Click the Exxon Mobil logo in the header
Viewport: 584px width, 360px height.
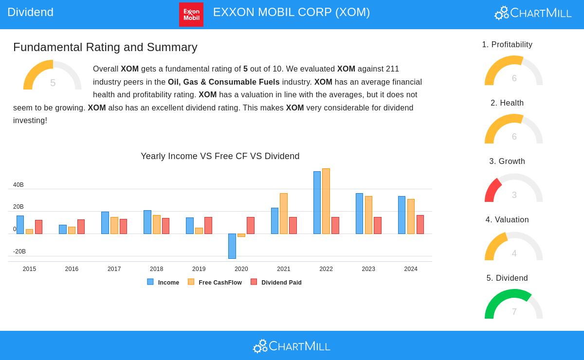[x=191, y=15]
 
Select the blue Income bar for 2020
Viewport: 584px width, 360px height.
[x=232, y=246]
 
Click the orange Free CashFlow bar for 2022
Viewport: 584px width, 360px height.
[x=326, y=201]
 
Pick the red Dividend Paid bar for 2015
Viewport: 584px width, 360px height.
[x=38, y=227]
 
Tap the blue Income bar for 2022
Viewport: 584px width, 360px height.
[x=317, y=202]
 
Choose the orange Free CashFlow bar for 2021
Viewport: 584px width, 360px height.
[x=284, y=214]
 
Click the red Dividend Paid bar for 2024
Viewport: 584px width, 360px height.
[x=420, y=224]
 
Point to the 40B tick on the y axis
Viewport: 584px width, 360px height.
[x=18, y=185]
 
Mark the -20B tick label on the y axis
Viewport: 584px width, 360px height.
[x=19, y=252]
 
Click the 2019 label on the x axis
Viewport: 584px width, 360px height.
[x=199, y=269]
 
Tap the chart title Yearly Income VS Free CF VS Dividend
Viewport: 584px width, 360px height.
[x=220, y=156]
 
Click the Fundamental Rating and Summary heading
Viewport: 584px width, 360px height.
[x=105, y=47]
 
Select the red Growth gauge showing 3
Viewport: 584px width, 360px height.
[x=513, y=189]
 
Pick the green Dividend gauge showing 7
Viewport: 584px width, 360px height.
[x=513, y=305]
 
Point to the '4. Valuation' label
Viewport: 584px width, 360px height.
[x=507, y=220]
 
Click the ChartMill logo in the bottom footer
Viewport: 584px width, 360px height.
[x=292, y=346]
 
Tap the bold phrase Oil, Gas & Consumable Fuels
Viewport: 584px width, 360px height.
[x=223, y=82]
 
